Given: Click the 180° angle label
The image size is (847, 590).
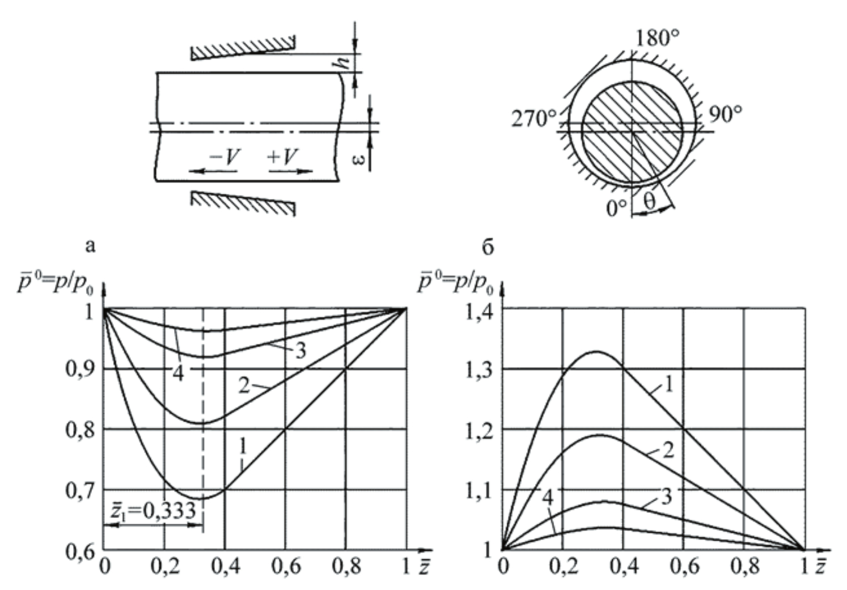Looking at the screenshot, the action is coord(658,37).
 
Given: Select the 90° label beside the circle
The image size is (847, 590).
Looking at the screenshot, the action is coord(726,114).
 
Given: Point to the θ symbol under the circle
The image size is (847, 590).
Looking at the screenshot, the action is coord(649,202).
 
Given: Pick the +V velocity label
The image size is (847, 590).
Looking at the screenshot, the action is coord(283,156).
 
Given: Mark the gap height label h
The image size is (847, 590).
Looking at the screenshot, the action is coord(343,62).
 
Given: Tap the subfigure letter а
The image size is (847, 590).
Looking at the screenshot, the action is coord(90,247).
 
